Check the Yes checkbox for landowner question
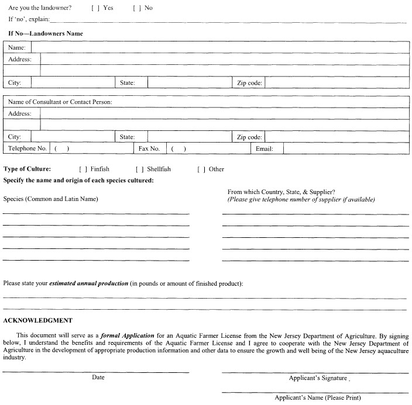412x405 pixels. (95, 8)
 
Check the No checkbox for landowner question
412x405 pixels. (136, 8)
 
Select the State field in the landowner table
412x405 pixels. (189, 83)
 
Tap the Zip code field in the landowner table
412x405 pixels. (337, 83)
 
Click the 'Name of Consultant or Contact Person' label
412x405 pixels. (60, 102)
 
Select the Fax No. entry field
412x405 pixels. (208, 148)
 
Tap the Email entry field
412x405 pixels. (345, 148)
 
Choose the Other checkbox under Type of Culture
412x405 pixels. (201, 169)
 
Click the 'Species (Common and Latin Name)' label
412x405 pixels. (51, 199)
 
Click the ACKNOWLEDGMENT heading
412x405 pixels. (38, 320)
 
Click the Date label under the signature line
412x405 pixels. (98, 378)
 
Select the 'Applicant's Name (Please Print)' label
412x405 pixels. (318, 398)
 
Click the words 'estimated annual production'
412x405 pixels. (89, 283)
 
